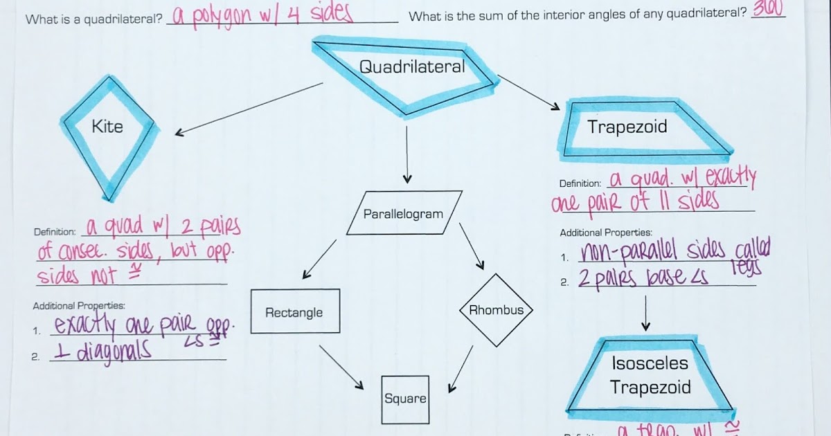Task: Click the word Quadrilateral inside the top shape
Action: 412,66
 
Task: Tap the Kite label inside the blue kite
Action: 107,126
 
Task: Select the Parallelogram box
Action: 403,214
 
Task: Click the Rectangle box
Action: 294,312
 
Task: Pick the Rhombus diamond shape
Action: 497,310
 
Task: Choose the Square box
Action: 405,399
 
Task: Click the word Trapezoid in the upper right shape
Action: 627,127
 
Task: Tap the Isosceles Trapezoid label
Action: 650,375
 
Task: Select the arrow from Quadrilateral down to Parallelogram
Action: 406,152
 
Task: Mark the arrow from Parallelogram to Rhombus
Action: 472,246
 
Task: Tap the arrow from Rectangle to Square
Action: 341,366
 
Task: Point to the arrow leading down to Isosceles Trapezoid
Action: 646,313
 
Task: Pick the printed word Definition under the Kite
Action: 55,231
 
